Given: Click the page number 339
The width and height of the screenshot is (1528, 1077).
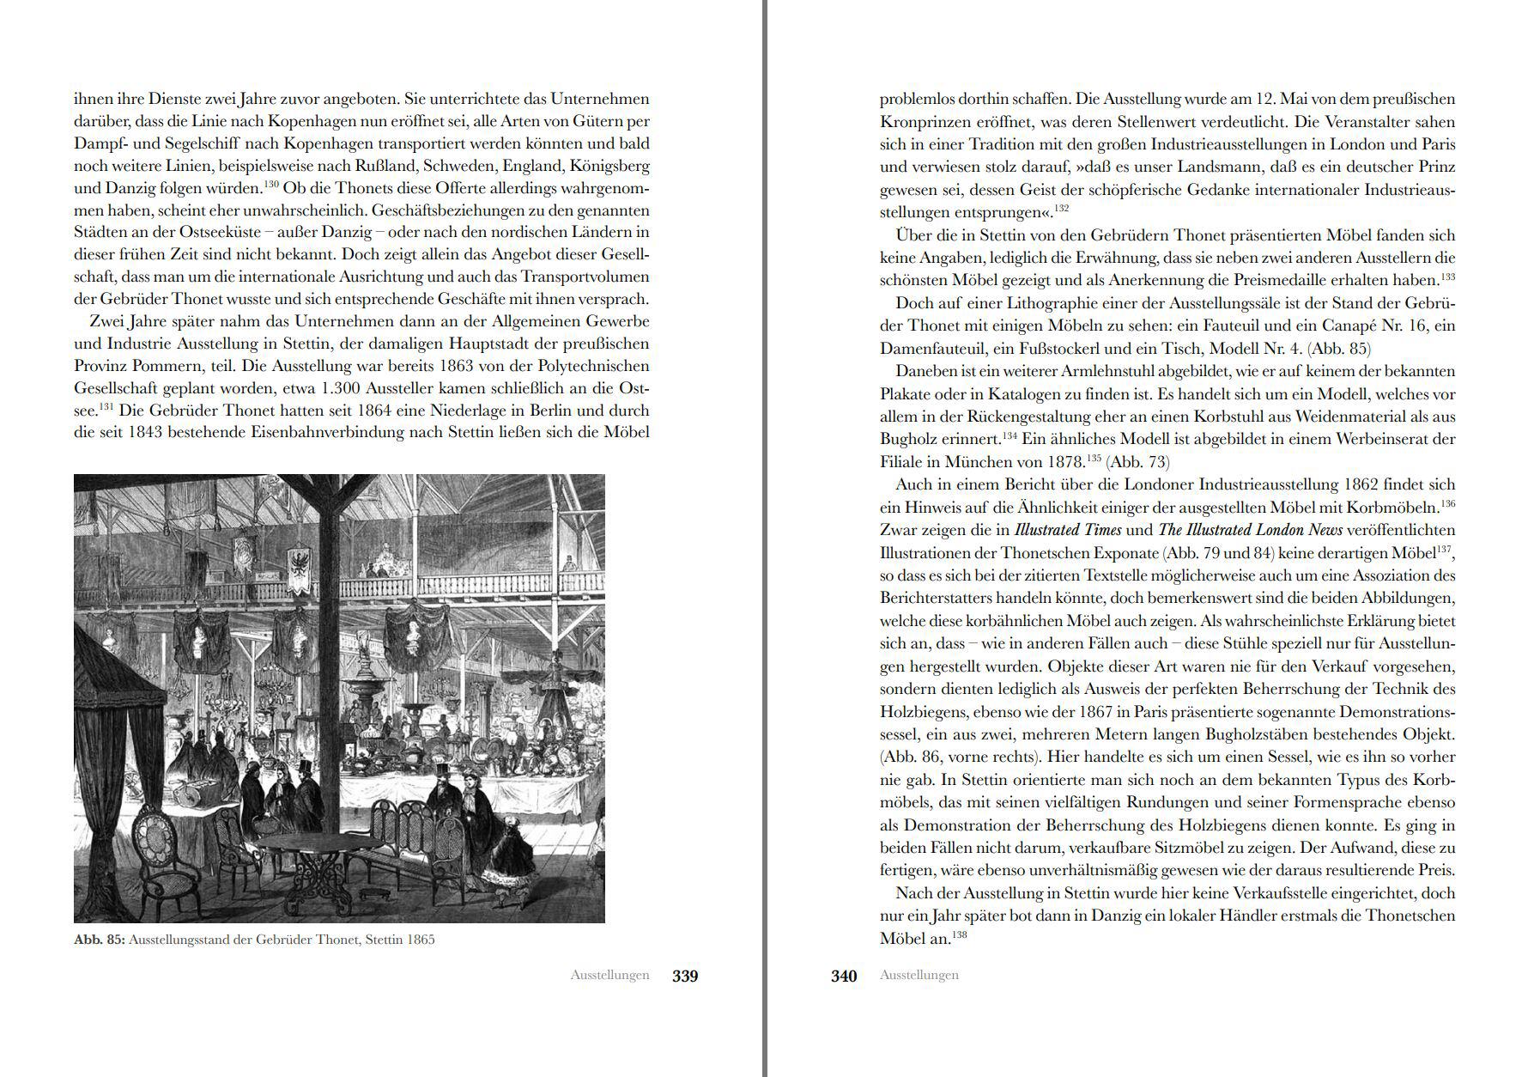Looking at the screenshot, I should point(685,976).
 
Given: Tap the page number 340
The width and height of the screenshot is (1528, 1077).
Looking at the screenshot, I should point(844,976).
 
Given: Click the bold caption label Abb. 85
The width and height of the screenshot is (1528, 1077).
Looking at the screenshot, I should point(100,940).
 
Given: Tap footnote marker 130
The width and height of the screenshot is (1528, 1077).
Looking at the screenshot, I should point(272,184).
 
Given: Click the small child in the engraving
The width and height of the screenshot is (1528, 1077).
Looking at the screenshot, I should point(513,837).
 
